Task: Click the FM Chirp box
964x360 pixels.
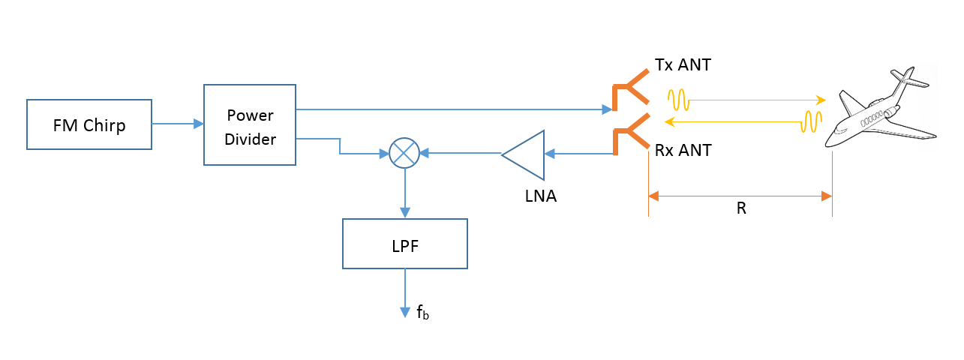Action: [89, 124]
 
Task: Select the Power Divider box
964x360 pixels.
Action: [249, 124]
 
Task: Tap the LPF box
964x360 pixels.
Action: [405, 244]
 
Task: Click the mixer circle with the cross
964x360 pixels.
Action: [404, 153]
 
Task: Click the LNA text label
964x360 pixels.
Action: [540, 197]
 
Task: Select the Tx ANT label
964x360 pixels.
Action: [683, 65]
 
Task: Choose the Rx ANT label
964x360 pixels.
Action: [683, 150]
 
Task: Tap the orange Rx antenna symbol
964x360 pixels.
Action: [629, 135]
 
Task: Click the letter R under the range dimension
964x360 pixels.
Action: [740, 209]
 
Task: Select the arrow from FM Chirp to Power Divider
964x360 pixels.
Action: [178, 124]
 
